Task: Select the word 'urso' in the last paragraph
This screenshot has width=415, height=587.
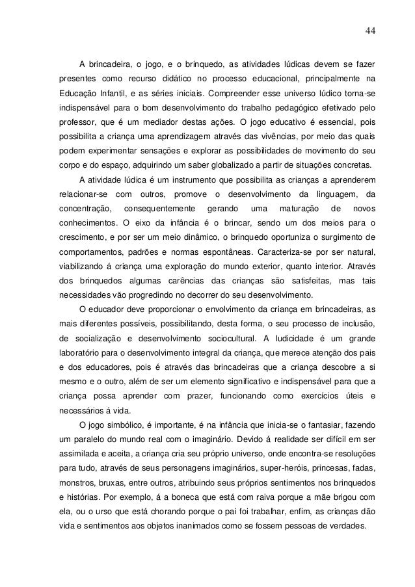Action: pyautogui.click(x=101, y=510)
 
